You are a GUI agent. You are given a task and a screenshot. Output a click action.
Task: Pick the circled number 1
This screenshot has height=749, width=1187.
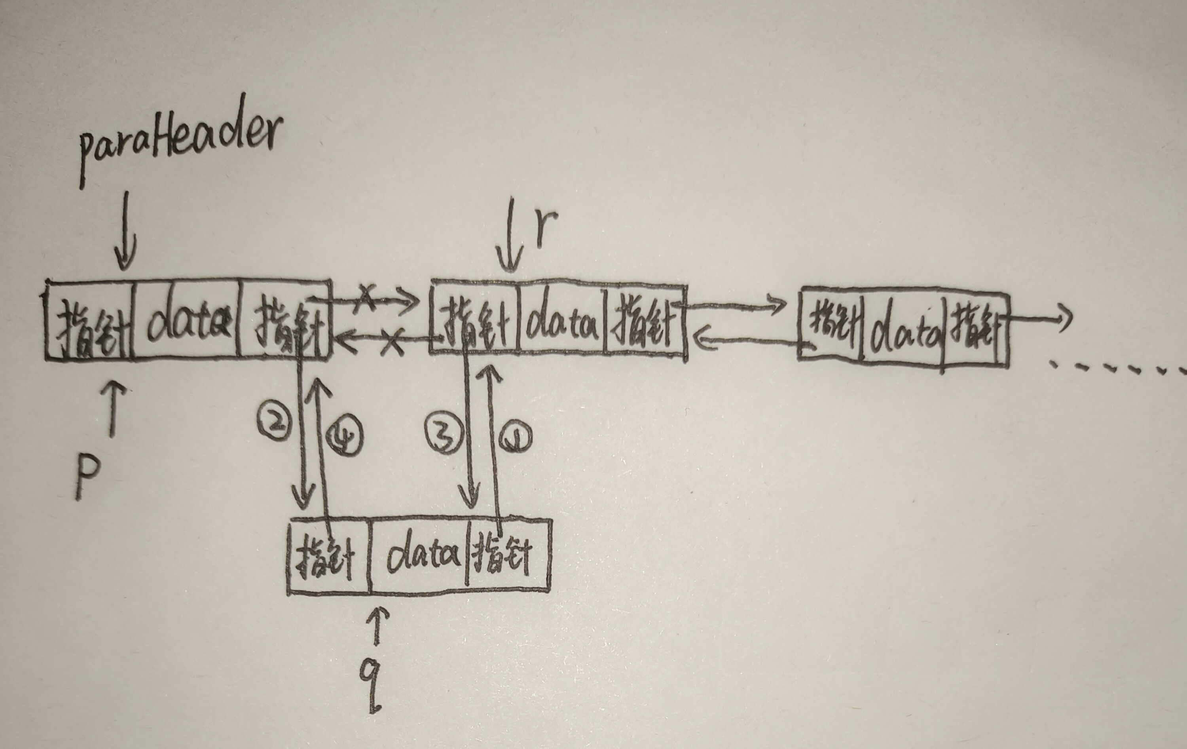(x=515, y=438)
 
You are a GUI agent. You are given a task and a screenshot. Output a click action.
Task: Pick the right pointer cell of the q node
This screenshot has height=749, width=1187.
(x=508, y=556)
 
